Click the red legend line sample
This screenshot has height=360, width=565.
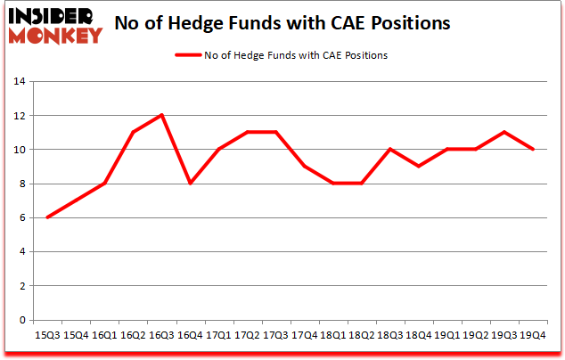click(190, 55)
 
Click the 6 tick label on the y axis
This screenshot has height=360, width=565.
click(20, 218)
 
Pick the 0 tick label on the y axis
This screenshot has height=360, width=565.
click(20, 321)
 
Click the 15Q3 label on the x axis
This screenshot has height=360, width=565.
click(47, 335)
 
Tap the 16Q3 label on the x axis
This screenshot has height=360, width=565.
click(162, 335)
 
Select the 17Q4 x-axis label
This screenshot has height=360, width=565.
click(306, 335)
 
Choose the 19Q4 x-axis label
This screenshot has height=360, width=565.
click(534, 335)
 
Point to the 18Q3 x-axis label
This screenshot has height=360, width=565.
click(390, 335)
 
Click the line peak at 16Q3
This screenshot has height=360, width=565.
click(162, 116)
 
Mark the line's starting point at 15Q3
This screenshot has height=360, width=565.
click(47, 217)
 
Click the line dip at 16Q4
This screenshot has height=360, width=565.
click(191, 184)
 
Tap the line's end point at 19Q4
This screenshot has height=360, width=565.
click(534, 150)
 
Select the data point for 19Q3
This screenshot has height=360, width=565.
click(505, 133)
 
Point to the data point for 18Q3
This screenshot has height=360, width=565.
click(390, 150)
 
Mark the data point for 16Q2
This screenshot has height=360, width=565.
click(134, 133)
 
